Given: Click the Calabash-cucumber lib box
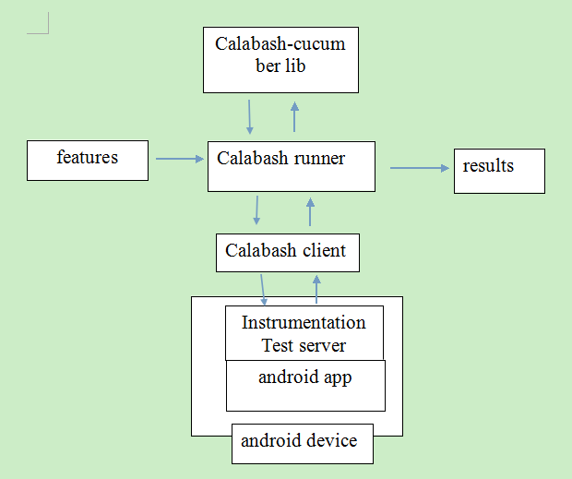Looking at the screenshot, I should point(280,59).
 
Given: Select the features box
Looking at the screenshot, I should point(88,160).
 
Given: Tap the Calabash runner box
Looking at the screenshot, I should point(291,166).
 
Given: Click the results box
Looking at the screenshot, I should point(499,170).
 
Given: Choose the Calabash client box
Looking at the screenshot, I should point(287,252).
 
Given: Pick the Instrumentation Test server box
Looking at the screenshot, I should point(304,333).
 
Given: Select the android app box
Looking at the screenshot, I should point(305,386).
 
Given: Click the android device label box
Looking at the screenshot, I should point(301,443).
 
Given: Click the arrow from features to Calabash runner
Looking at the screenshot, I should point(179,159).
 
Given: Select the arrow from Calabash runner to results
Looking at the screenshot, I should point(419,168).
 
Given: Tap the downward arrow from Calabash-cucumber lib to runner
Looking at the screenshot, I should point(249,117).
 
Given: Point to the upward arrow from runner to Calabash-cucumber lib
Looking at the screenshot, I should point(294,117).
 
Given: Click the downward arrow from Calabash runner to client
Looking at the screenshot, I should point(256,210).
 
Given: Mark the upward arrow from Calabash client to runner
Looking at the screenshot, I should point(310,214).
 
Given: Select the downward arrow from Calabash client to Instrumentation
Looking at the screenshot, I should point(263,289).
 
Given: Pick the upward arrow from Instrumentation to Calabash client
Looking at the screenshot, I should point(316,289).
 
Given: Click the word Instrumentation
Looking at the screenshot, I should point(304,323).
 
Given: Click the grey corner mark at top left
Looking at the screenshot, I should point(39,26).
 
